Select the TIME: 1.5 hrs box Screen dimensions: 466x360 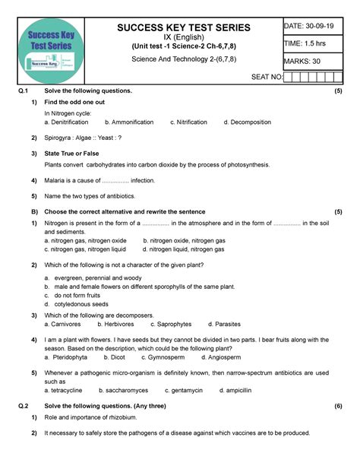pyautogui.click(x=308, y=44)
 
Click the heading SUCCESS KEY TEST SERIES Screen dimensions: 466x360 pyautogui.click(x=183, y=28)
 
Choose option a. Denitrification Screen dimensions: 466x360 pyautogui.click(x=68, y=122)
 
